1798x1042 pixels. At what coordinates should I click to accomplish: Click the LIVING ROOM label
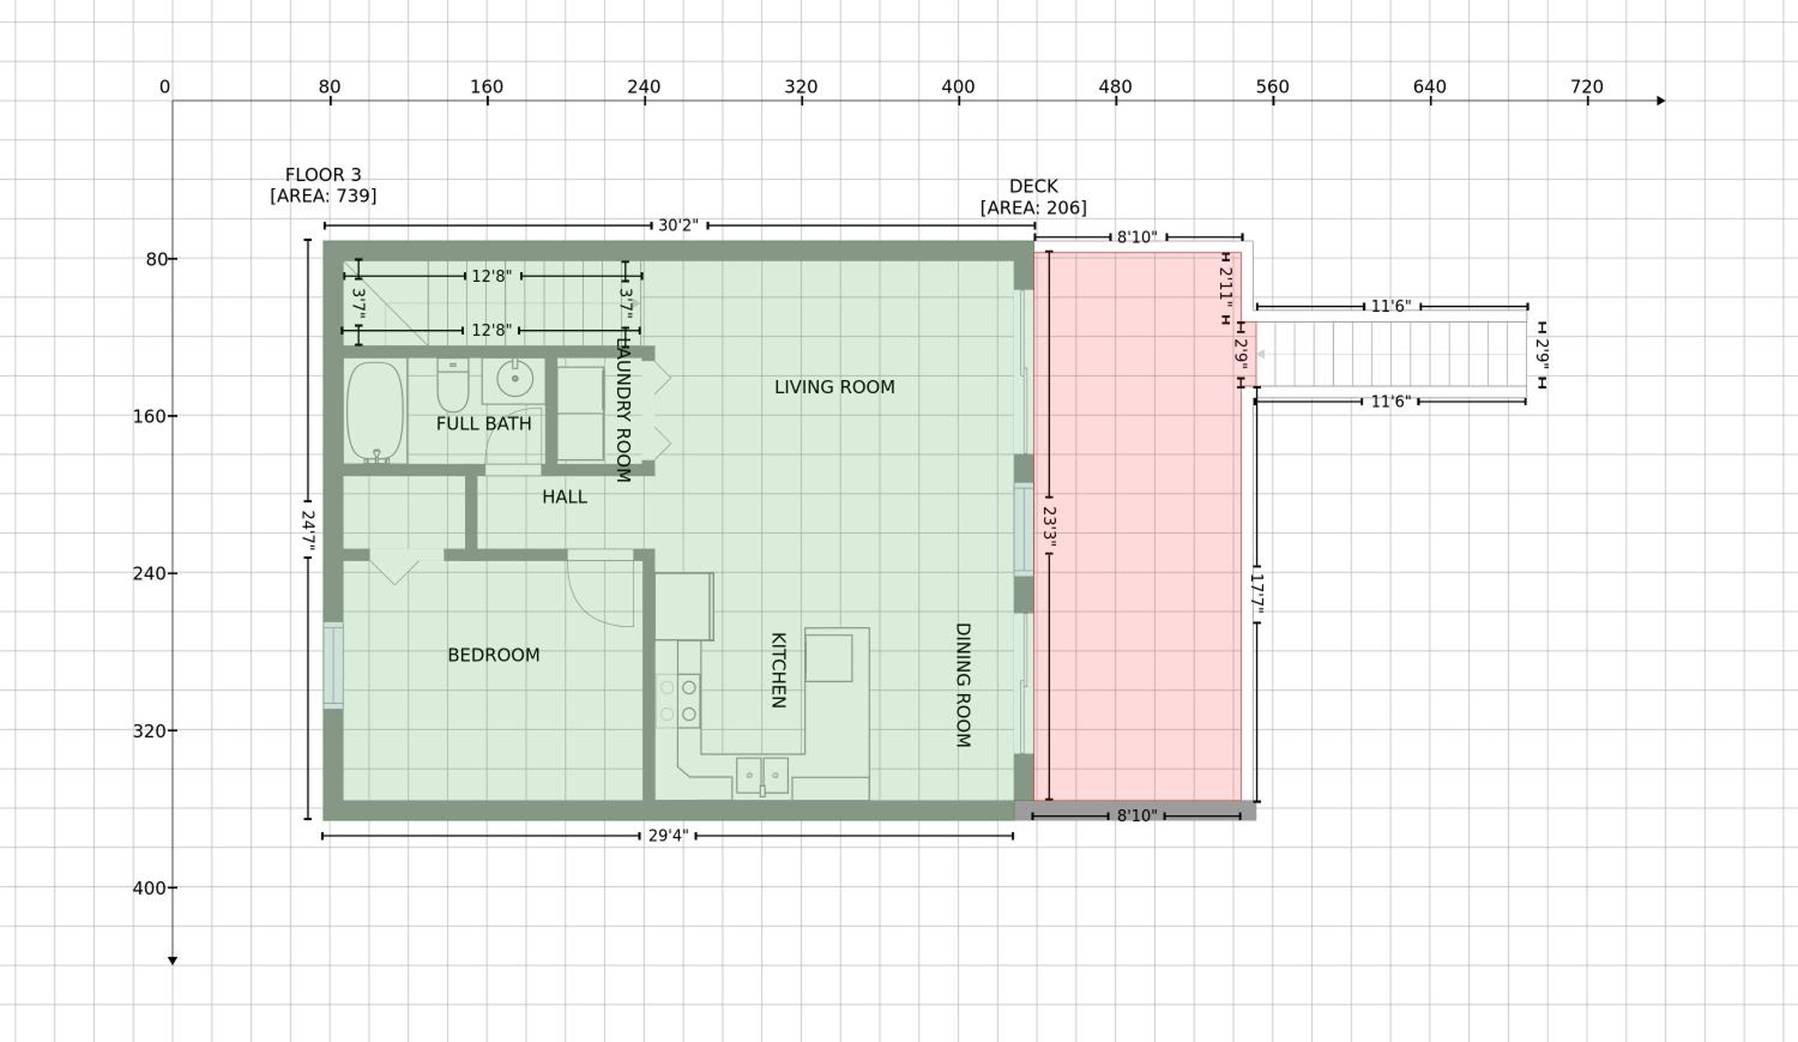(x=834, y=387)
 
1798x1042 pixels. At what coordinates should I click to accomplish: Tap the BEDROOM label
(x=494, y=655)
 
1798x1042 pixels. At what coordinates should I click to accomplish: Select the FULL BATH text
(x=484, y=423)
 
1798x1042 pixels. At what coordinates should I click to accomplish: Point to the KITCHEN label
(x=779, y=670)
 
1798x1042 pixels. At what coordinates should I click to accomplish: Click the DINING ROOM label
(x=963, y=685)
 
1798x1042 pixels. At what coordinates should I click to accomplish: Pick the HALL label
(x=565, y=497)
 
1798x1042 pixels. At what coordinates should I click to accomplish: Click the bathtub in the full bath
(x=375, y=412)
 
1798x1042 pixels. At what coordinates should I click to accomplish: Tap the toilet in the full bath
(x=452, y=385)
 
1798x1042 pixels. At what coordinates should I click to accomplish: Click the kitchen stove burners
(x=678, y=700)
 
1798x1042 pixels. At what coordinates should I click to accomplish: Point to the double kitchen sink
(x=762, y=776)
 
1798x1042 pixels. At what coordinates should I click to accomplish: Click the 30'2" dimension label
(x=678, y=225)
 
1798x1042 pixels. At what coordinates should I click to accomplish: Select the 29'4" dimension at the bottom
(x=668, y=836)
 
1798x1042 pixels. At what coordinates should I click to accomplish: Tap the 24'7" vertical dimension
(x=307, y=529)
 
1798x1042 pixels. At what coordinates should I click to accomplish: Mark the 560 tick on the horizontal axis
(x=1274, y=101)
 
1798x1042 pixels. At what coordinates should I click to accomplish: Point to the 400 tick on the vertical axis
(x=172, y=888)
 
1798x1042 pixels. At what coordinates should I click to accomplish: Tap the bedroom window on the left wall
(x=333, y=665)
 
